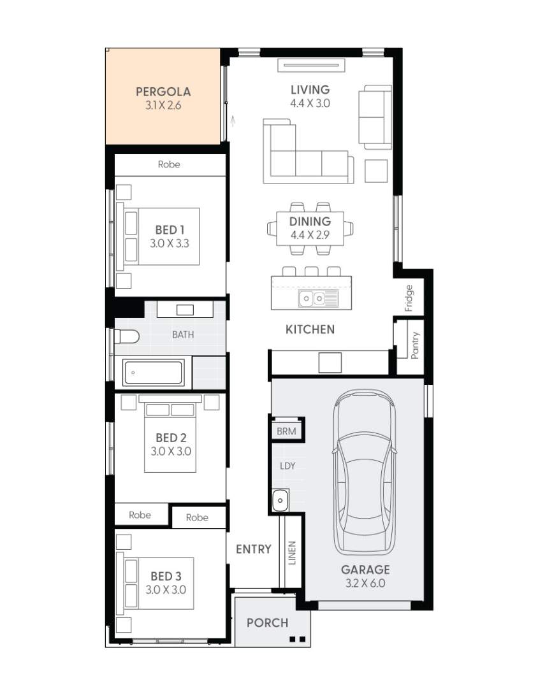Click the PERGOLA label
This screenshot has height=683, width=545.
[x=163, y=92]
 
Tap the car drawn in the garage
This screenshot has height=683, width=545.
[x=365, y=473]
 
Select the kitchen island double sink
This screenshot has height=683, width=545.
[x=318, y=298]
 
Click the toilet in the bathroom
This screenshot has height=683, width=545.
[x=127, y=336]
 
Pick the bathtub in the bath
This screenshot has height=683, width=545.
[x=152, y=373]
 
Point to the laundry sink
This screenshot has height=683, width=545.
[x=280, y=500]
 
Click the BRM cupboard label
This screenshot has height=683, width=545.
[x=286, y=431]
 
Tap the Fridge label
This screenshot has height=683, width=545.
[x=409, y=298]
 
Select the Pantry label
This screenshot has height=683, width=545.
[x=414, y=345]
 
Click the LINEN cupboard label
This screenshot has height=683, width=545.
[x=292, y=553]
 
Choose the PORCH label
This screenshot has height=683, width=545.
[x=268, y=623]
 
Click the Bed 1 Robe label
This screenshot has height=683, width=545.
[x=169, y=164]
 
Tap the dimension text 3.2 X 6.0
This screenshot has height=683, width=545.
[x=365, y=583]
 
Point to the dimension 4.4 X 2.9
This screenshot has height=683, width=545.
[x=310, y=235]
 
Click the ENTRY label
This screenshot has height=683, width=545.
[x=254, y=549]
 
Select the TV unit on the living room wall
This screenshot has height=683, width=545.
[x=311, y=66]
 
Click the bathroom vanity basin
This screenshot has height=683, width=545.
[x=185, y=310]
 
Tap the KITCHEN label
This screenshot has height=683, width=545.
[x=310, y=329]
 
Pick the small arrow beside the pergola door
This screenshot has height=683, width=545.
[x=233, y=120]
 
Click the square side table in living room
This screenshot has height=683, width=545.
[x=376, y=171]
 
